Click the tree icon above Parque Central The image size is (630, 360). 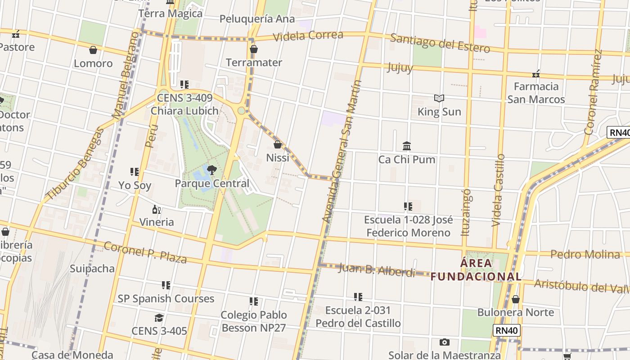coord(211,170)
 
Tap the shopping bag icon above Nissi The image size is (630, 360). coord(278,144)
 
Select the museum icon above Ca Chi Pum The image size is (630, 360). coord(407,146)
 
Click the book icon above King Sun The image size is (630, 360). coord(439,98)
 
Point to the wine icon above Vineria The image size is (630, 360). coord(157,209)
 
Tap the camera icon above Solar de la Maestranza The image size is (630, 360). coord(445,342)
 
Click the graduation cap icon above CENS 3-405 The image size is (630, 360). coord(159,318)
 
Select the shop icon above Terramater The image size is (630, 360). coord(254,49)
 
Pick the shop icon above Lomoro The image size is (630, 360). coord(93,50)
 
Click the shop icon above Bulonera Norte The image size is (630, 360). coord(516,299)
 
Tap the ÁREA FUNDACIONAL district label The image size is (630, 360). coord(476,270)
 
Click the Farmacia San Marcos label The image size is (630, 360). coord(536,93)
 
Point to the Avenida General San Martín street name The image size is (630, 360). coord(342,151)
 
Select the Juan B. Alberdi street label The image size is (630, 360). coord(376,270)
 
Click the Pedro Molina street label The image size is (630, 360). coord(585,254)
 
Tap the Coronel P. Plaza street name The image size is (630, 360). coord(145,252)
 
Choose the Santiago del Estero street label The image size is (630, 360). coord(440,43)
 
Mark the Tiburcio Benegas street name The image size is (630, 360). coord(75,164)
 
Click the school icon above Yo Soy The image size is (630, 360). coord(134,171)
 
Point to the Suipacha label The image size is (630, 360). coord(92,269)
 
